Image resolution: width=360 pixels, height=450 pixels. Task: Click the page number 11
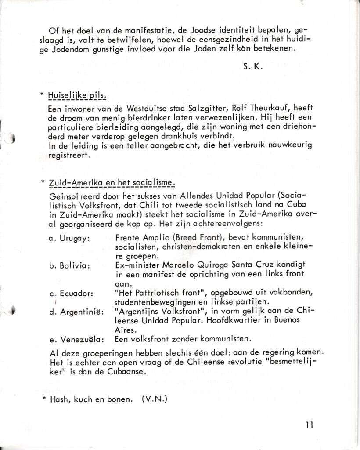[309, 425]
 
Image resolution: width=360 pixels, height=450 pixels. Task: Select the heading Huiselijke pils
[77, 95]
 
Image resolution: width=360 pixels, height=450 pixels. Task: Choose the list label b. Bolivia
[69, 265]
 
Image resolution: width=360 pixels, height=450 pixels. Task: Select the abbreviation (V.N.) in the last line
[155, 399]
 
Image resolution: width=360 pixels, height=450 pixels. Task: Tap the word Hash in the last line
[60, 399]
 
